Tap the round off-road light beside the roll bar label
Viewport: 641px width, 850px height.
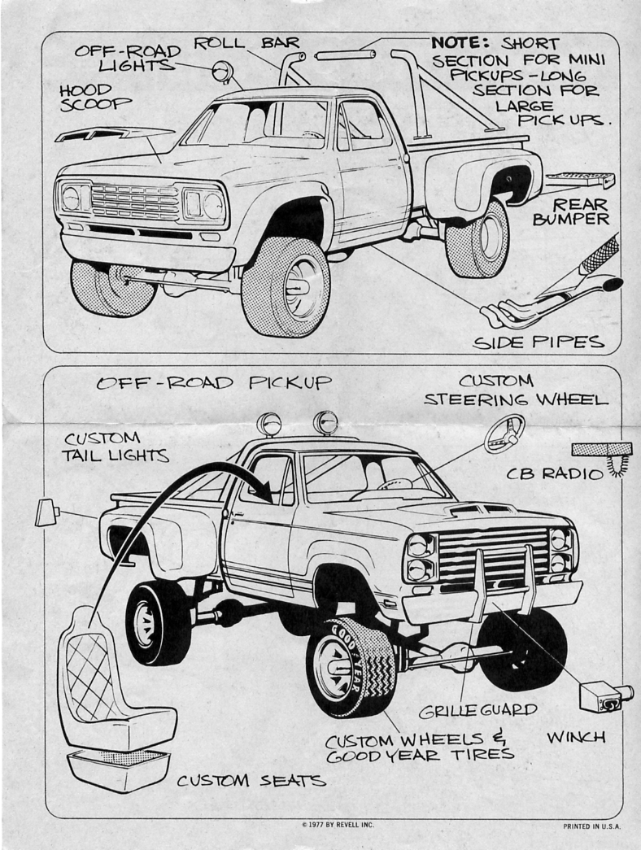tap(220, 72)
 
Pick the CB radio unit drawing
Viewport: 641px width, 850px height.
tap(602, 450)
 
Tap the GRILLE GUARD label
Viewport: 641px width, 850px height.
tap(477, 710)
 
